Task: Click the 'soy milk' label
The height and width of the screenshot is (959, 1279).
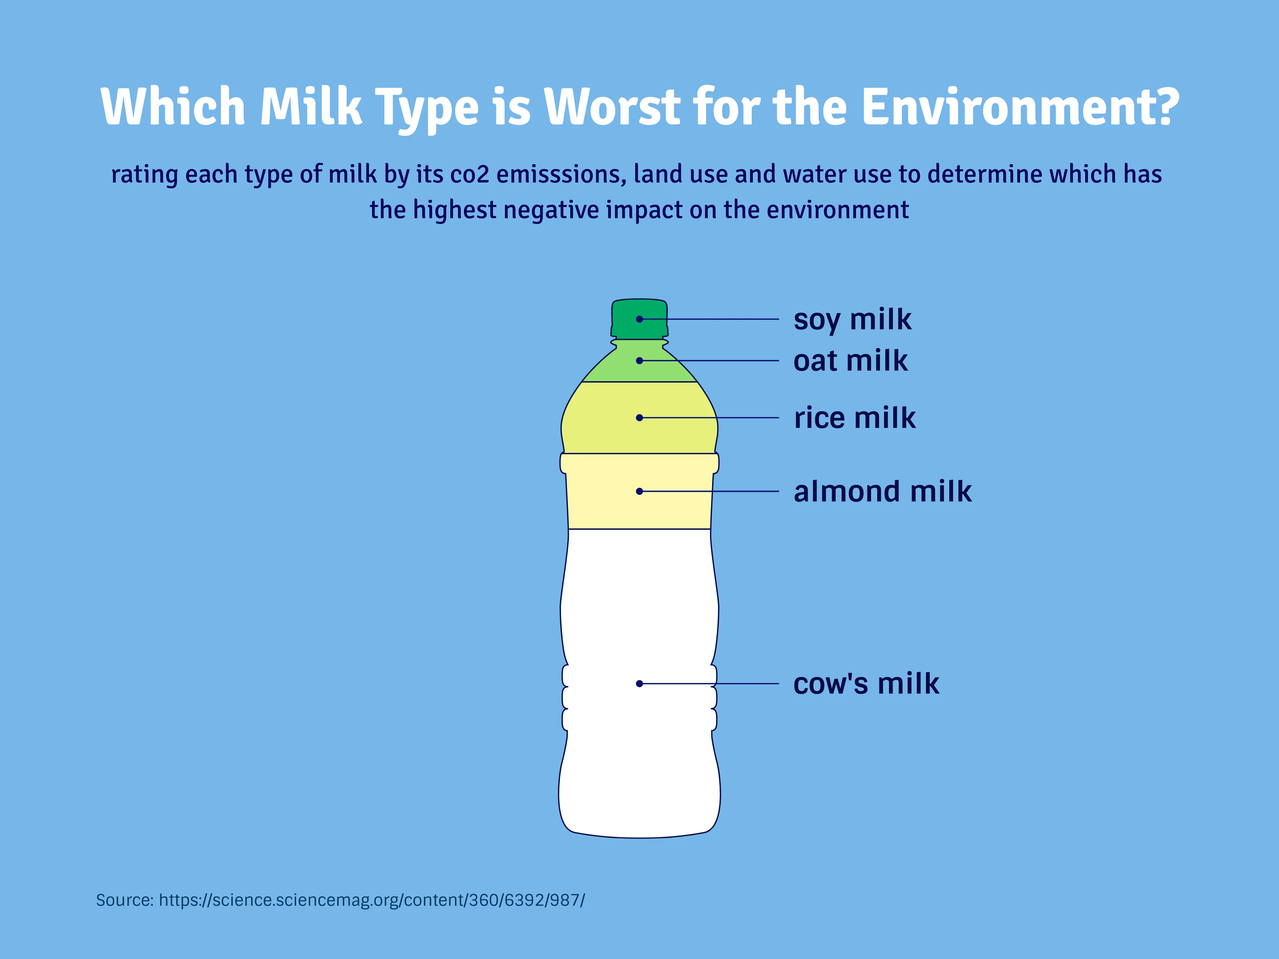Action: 852,320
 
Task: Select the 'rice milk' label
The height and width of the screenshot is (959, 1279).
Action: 854,418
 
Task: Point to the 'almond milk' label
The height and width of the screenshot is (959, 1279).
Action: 882,491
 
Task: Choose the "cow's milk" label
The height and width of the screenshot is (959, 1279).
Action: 866,684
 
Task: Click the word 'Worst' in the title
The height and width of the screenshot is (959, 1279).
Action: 612,107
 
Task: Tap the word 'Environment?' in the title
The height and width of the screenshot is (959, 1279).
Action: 1020,107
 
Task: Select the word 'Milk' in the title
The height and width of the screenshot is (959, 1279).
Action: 311,107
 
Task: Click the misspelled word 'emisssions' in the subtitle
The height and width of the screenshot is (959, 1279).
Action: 561,174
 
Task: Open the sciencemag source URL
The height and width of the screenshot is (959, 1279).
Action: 372,900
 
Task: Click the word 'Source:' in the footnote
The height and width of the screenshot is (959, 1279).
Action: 124,900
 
